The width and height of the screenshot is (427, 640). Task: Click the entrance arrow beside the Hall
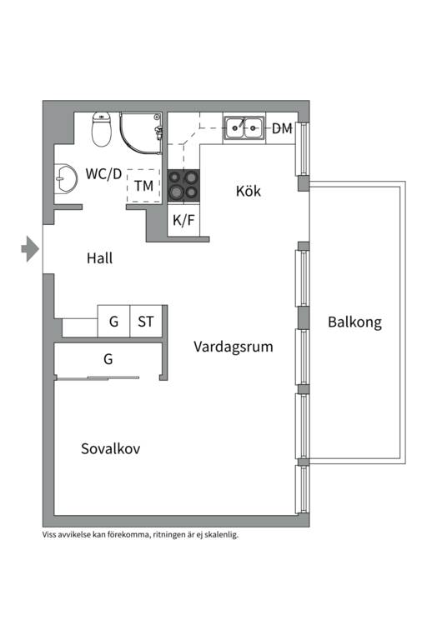coord(30,248)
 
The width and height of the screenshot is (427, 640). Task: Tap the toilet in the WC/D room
coord(102,129)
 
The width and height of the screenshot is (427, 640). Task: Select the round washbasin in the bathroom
coord(65,178)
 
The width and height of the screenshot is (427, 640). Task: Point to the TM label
coord(143,186)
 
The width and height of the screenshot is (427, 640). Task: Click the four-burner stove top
coord(183,186)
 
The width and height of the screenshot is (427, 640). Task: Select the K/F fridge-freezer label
coord(183,220)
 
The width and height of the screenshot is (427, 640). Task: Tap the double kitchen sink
coord(244,127)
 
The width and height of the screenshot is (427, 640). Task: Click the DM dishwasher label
coord(282,128)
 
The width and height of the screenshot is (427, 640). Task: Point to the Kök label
coord(248,191)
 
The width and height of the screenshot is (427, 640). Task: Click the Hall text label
coord(100,258)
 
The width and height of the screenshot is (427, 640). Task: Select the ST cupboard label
coord(146,322)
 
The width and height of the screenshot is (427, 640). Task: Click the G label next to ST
coord(113,322)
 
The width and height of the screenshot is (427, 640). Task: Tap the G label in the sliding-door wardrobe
coord(108,359)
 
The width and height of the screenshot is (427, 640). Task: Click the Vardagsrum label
coord(234,347)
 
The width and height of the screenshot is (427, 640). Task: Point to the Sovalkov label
coord(110,448)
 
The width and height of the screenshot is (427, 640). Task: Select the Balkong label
coord(354,322)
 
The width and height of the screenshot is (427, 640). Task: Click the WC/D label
coord(103,174)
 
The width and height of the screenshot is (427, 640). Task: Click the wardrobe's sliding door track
coord(98,378)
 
